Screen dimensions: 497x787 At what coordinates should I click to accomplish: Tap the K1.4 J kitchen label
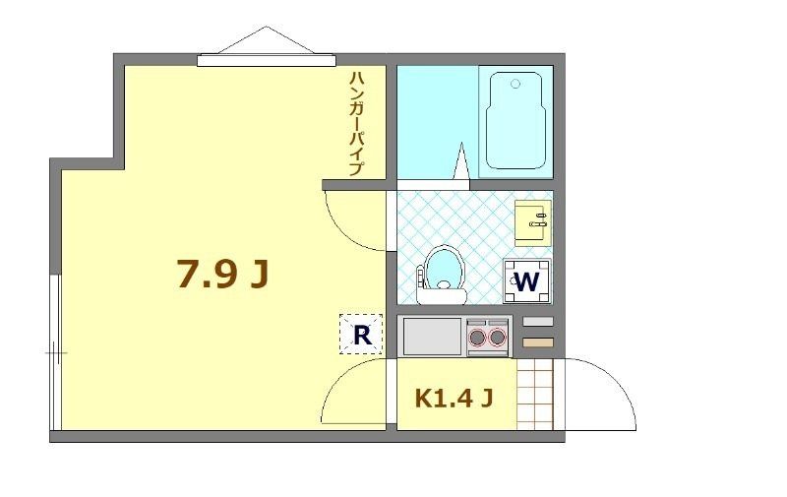tap(453, 399)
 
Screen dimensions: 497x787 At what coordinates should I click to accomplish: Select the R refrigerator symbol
tap(361, 335)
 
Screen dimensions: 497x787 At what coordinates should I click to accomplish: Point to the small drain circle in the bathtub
tap(515, 84)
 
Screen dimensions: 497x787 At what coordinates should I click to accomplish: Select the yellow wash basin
tap(534, 222)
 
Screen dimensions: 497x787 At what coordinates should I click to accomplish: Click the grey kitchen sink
tap(432, 337)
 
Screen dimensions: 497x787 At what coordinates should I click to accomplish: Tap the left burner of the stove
tap(478, 339)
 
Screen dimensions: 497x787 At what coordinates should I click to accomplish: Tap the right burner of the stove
tap(497, 339)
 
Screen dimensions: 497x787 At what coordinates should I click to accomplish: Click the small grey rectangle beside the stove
tap(537, 322)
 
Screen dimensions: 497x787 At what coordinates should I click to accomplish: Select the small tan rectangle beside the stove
tap(537, 342)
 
